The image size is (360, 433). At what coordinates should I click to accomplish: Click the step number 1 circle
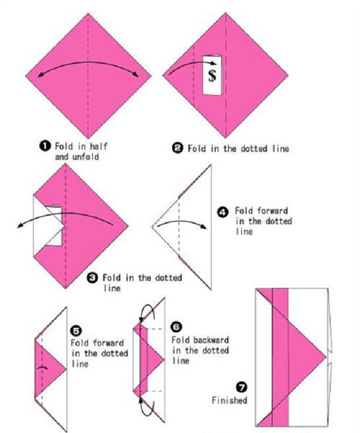[x=45, y=146]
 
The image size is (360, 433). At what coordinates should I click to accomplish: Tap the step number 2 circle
[x=177, y=149]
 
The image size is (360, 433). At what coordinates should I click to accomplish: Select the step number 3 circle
[x=92, y=278]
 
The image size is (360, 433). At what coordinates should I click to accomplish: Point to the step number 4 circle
[x=223, y=212]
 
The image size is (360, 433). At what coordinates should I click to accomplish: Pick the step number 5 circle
[x=76, y=331]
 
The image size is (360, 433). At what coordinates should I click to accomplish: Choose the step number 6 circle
[x=177, y=327]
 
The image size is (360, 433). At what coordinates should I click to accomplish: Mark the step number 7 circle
[x=242, y=387]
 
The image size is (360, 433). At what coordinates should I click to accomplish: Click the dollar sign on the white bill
[x=212, y=75]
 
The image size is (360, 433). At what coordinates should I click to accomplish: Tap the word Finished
[x=229, y=400]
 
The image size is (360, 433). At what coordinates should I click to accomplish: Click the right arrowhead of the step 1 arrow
[x=136, y=74]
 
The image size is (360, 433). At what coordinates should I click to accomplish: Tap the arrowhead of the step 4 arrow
[x=204, y=227]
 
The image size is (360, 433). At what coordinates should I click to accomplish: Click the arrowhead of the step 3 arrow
[x=20, y=226]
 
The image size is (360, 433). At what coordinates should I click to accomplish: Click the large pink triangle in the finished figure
[x=306, y=356]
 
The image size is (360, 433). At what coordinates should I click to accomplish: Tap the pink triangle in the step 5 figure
[x=49, y=369]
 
